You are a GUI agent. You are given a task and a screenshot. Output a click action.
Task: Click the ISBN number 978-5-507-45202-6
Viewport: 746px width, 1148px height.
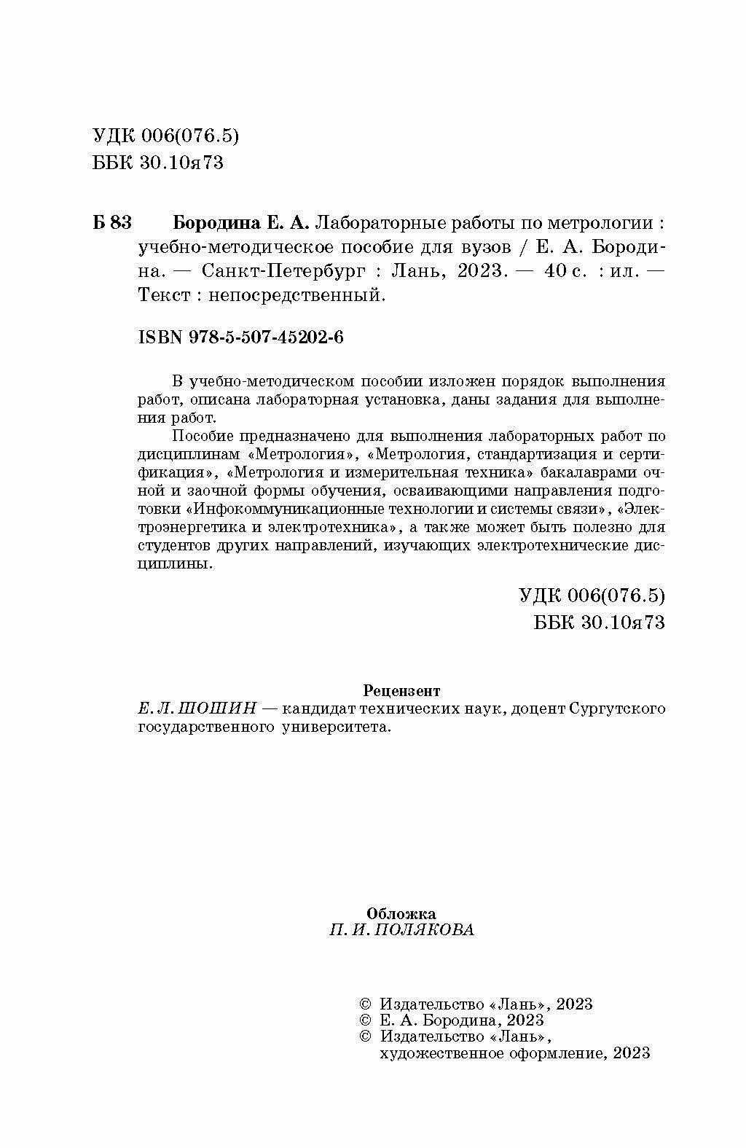[x=240, y=337]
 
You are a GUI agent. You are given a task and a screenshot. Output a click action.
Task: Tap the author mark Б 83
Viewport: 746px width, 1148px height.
[x=112, y=222]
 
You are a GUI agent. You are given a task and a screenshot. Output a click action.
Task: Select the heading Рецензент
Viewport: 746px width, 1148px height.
[x=401, y=690]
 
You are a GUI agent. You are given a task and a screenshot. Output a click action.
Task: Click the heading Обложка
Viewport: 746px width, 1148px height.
[x=401, y=913]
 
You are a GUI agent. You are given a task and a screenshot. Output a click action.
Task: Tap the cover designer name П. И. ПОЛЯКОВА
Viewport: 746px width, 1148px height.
[x=401, y=930]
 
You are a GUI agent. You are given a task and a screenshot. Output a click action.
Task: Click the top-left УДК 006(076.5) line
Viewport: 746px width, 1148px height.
[x=166, y=136]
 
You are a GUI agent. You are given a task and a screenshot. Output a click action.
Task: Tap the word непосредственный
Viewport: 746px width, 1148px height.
[x=296, y=295]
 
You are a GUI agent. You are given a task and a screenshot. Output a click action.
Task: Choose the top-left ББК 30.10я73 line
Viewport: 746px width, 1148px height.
[x=158, y=163]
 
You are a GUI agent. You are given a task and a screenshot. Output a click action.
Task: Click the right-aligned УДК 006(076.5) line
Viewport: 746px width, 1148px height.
[x=592, y=596]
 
